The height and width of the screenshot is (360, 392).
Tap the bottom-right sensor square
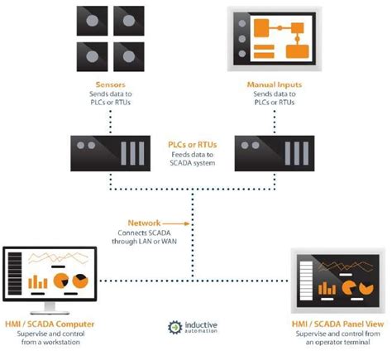127,55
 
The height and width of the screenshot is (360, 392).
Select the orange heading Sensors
107,84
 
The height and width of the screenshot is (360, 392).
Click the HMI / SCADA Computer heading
51,324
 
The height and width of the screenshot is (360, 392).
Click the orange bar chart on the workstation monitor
38,281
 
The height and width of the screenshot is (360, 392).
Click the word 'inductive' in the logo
201,324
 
